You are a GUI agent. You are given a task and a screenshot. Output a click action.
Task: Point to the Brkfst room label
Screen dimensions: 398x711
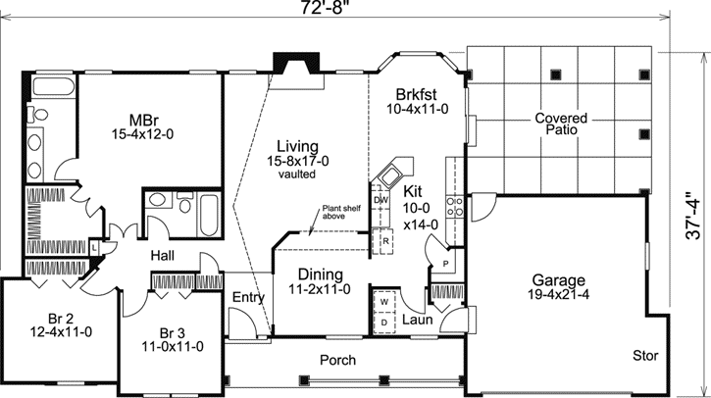point(415,94)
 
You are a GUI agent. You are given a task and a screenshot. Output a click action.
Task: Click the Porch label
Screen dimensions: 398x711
point(338,360)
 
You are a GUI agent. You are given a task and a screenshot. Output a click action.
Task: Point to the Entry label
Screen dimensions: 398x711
point(248,298)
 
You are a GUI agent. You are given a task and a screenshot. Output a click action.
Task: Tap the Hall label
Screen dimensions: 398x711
point(163,255)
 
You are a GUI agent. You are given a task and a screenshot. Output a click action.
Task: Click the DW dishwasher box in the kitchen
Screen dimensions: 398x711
point(381,200)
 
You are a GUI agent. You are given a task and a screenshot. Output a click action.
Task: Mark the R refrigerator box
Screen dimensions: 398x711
point(386,240)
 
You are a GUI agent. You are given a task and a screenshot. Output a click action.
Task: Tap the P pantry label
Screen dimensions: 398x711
point(444,264)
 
